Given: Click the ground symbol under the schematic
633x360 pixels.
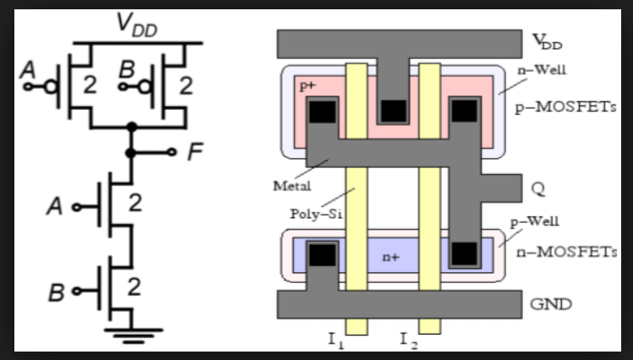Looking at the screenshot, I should coord(132,334).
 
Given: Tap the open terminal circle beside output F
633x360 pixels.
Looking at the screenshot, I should coord(172,154).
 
